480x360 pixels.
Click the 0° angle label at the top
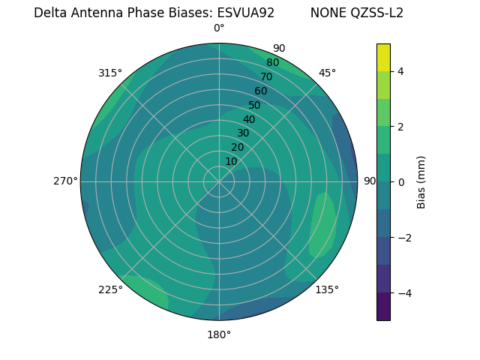point(219,28)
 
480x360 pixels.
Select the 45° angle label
point(327,73)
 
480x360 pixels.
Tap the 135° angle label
point(327,289)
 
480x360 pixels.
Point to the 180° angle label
point(219,334)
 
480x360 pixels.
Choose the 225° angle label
point(110,290)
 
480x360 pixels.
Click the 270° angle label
point(65,181)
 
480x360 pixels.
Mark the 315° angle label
point(110,73)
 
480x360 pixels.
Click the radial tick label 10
point(231,161)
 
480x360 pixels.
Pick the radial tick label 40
point(249,119)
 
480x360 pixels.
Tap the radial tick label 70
point(266,77)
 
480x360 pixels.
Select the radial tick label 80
point(272,63)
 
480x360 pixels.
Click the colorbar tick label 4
point(401,71)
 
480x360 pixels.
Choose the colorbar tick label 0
point(401,182)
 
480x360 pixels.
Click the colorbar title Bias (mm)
point(421,182)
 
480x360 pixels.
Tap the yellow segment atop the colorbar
point(383,57)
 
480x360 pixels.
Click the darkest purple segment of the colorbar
point(383,307)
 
